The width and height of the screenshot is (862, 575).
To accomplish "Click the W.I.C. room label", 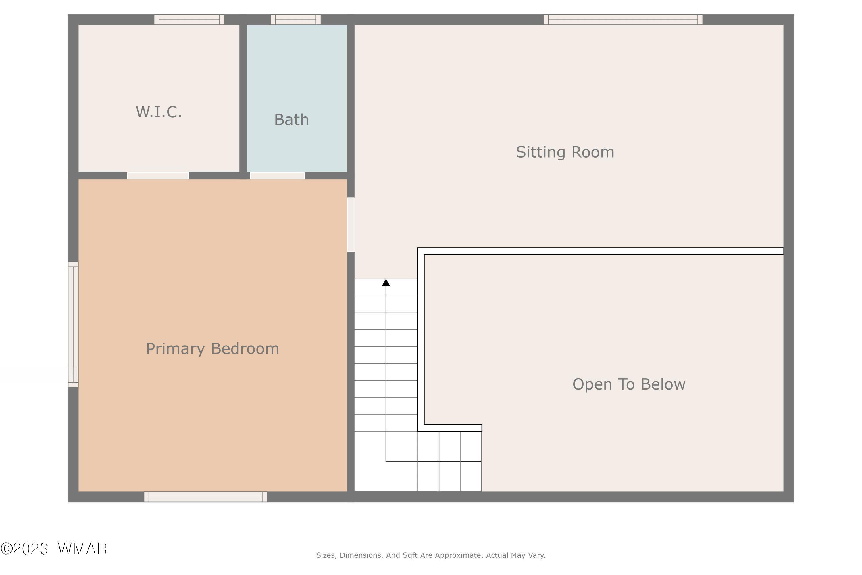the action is click(159, 112).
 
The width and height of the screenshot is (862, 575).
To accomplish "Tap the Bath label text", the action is click(291, 120).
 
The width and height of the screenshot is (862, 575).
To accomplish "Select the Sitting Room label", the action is click(565, 152).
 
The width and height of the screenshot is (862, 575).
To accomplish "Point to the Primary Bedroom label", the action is click(213, 349).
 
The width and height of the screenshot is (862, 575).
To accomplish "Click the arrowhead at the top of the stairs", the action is click(386, 283).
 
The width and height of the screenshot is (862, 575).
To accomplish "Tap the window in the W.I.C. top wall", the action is click(189, 20).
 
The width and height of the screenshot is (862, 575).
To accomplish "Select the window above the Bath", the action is click(296, 20).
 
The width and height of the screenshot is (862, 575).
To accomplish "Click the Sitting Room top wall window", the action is click(623, 20).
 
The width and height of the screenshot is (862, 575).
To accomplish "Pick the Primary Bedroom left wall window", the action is click(73, 325).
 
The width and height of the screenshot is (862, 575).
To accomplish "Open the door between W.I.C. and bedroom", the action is click(158, 176).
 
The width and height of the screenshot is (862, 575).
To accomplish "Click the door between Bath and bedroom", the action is click(278, 176).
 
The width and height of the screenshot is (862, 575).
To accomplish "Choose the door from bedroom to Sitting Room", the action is click(351, 225).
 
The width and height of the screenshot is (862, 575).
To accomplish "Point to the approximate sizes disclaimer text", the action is click(431, 555).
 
